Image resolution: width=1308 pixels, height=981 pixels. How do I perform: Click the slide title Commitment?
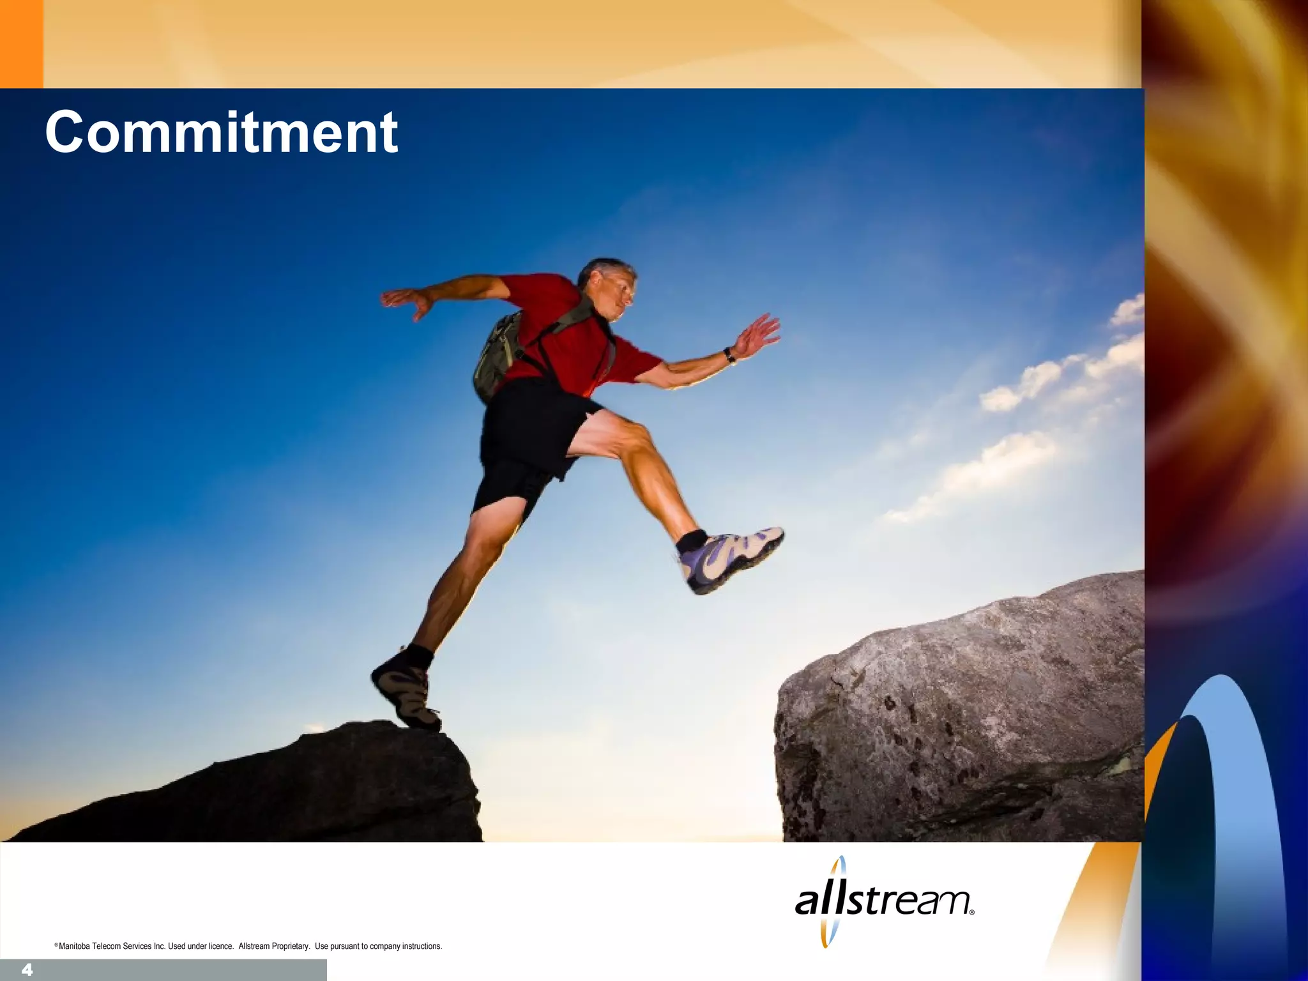click(221, 132)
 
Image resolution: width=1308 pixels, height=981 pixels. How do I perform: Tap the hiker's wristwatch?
click(729, 355)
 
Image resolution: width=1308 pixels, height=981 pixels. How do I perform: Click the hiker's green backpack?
click(497, 355)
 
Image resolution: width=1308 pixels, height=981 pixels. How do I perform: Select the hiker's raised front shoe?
click(731, 558)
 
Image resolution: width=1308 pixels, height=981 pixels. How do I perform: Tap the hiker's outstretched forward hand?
click(757, 335)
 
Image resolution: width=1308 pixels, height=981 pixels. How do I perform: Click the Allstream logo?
click(884, 901)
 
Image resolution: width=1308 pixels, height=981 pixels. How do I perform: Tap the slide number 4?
click(27, 970)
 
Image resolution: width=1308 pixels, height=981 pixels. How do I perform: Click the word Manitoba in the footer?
click(75, 947)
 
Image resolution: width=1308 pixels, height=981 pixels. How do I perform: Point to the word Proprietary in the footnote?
click(291, 947)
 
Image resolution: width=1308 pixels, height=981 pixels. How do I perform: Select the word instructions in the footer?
click(422, 947)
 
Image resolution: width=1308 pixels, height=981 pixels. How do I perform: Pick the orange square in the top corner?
click(21, 43)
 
